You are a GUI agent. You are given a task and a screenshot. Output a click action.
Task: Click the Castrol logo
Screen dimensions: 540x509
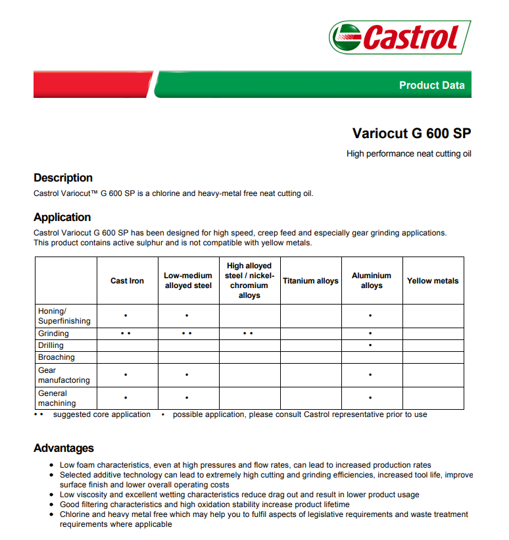tap(400, 37)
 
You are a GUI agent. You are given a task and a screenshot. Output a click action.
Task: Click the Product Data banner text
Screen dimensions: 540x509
tap(431, 85)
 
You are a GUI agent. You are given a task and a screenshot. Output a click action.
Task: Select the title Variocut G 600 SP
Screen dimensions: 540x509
tap(412, 133)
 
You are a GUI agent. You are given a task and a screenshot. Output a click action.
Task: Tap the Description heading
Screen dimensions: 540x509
tap(63, 178)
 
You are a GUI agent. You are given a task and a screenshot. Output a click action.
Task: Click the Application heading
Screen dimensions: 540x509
tap(62, 217)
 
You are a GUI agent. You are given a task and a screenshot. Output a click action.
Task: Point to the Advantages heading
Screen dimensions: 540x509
tap(64, 448)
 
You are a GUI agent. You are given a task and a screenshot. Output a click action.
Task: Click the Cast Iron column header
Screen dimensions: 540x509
tap(127, 281)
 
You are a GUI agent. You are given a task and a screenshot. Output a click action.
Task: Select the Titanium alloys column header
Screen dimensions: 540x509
tap(310, 281)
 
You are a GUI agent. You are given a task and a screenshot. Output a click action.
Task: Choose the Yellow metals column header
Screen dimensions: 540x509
tap(433, 281)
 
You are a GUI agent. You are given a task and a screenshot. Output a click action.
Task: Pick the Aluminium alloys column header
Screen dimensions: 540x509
tap(372, 281)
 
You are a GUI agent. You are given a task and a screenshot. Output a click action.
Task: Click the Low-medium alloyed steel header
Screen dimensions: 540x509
tap(188, 281)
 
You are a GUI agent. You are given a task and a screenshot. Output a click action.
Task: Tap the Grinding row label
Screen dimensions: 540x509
tap(53, 333)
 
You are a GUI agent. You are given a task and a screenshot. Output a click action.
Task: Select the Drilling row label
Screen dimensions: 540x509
tap(51, 345)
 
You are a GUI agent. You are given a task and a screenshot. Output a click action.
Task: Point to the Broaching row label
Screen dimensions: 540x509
tap(57, 357)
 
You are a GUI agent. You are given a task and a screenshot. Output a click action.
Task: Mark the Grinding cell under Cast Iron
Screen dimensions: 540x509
tap(126, 333)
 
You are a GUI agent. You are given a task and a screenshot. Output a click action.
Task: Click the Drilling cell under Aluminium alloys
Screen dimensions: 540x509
tap(371, 345)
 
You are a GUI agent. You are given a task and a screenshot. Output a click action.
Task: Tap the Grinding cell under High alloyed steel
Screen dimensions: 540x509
tap(249, 333)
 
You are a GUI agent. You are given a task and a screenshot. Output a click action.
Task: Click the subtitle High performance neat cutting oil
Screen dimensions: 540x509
tap(409, 154)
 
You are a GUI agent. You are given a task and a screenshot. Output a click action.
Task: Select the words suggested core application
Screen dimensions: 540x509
tap(102, 414)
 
